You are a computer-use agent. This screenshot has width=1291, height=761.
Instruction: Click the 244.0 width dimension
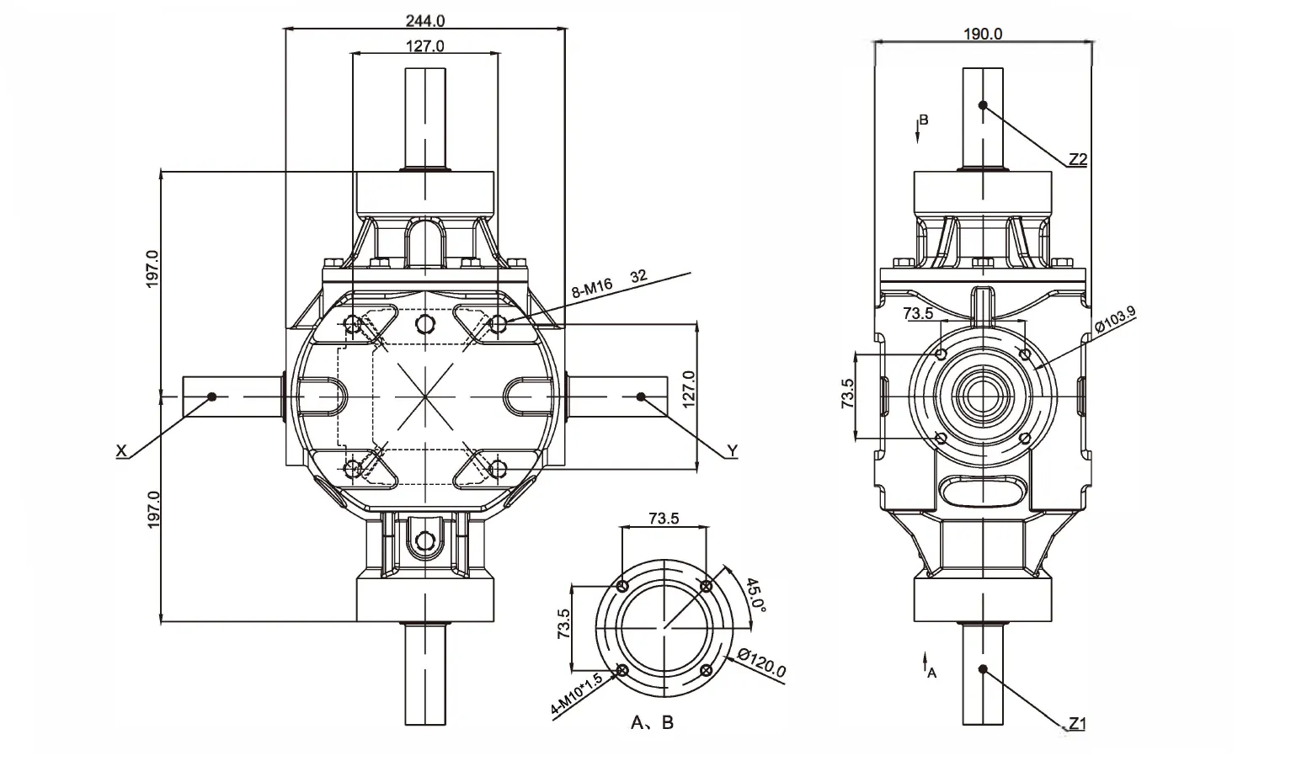[425, 19]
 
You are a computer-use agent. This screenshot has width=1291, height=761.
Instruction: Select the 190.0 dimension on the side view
[982, 34]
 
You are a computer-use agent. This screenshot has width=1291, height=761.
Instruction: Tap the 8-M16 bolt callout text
[592, 289]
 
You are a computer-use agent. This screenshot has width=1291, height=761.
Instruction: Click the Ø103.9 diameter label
[1115, 321]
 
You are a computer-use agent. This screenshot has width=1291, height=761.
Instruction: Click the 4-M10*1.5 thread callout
[577, 695]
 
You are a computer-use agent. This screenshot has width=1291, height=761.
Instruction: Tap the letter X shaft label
[121, 452]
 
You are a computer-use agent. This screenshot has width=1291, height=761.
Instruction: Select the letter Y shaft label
[732, 452]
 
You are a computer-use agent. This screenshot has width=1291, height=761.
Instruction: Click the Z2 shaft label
[1078, 159]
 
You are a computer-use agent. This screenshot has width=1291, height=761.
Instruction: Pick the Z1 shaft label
[1078, 723]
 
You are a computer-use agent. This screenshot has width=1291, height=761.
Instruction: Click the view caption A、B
[653, 722]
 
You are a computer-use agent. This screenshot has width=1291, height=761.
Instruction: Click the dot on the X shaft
[212, 396]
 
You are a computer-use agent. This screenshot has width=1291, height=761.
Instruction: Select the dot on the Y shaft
[641, 396]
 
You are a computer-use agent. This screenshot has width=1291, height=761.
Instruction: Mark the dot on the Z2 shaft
[983, 105]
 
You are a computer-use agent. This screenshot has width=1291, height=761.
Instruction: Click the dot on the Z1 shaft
[983, 669]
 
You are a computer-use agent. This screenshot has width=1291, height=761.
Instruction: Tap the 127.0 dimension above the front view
[425, 46]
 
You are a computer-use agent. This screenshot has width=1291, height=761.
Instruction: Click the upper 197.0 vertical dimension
[152, 269]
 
